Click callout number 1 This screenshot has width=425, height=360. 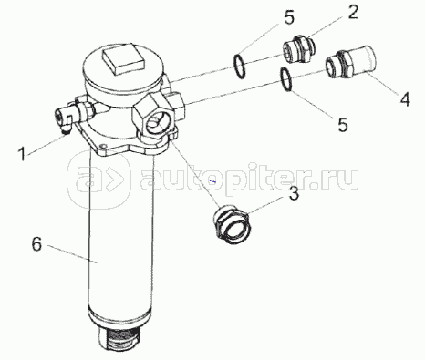(x=22, y=154)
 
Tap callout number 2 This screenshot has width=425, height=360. (x=352, y=13)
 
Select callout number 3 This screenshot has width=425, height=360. (x=294, y=194)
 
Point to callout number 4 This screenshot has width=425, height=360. (x=405, y=99)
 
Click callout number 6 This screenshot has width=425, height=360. (x=36, y=244)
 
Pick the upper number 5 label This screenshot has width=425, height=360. (x=289, y=18)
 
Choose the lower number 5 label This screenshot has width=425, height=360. (x=343, y=124)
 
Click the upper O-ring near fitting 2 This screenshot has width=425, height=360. (x=240, y=67)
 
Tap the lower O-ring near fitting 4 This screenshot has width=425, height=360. (x=286, y=79)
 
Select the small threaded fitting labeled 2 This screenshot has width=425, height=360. (x=298, y=50)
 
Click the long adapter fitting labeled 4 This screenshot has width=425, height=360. (x=350, y=62)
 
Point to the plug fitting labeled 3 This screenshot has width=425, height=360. (x=232, y=221)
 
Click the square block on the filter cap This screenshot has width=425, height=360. (x=124, y=57)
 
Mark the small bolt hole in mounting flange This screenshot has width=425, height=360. (x=104, y=147)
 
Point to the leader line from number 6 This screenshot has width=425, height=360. (x=71, y=254)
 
